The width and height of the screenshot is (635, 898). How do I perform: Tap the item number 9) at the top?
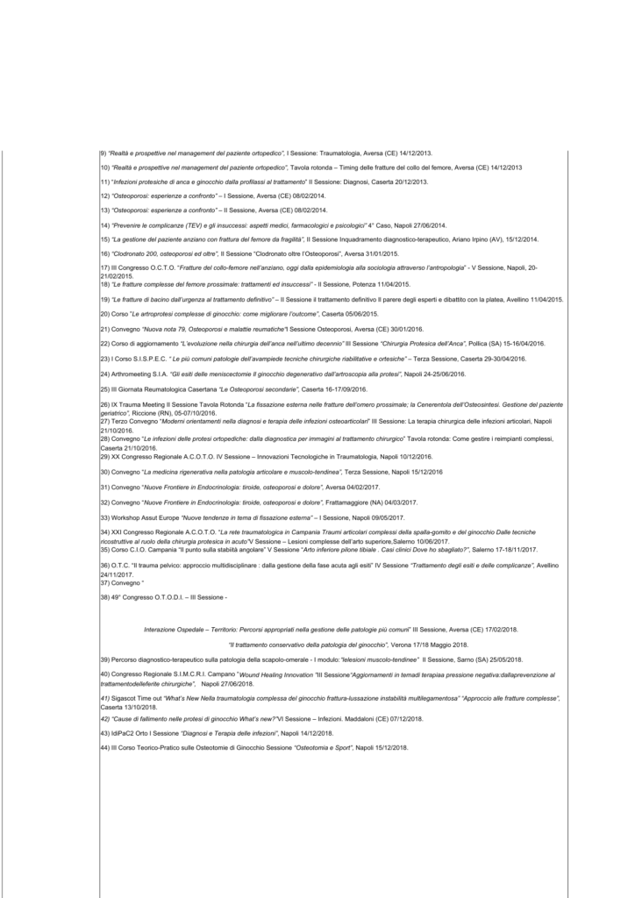103,152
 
